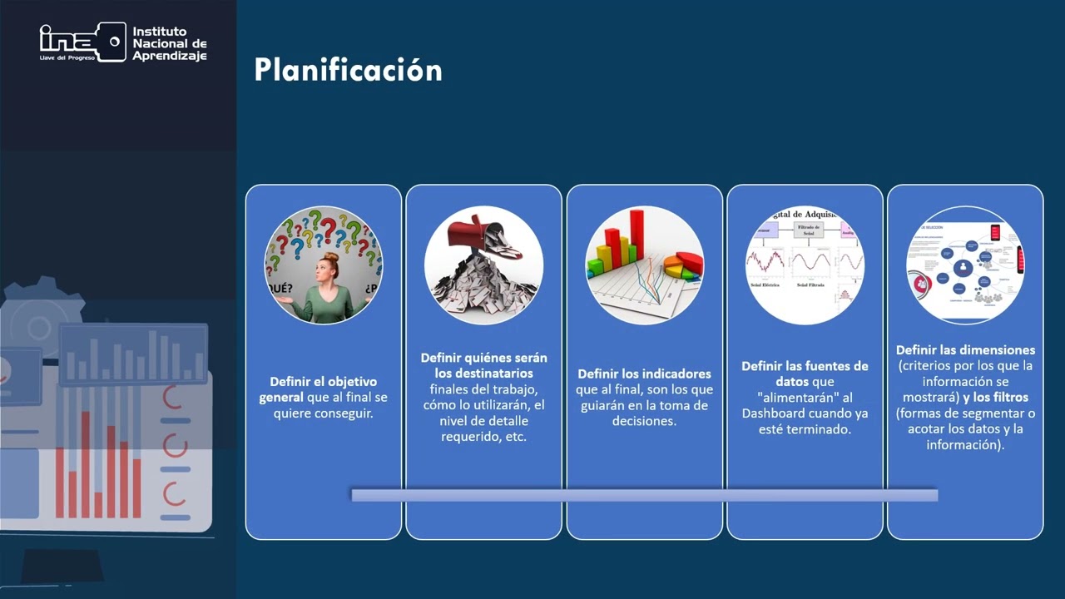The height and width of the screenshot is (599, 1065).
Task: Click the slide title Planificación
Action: coord(348,70)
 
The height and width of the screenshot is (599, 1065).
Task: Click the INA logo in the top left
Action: coord(82,41)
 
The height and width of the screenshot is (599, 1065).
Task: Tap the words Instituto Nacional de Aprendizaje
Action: coord(169,43)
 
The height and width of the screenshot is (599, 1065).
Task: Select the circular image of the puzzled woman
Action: coord(323,265)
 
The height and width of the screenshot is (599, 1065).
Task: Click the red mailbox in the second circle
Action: coord(473,234)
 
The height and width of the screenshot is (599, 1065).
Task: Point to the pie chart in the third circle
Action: coord(683,265)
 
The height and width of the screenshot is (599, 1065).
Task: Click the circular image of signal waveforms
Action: coord(805,265)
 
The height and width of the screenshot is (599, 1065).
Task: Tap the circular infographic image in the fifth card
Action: coord(965,265)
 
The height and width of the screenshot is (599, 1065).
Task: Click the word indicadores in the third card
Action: coord(677,374)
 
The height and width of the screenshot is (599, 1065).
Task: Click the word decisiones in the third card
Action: coord(644,421)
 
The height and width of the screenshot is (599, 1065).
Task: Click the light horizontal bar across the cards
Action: coord(644,495)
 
